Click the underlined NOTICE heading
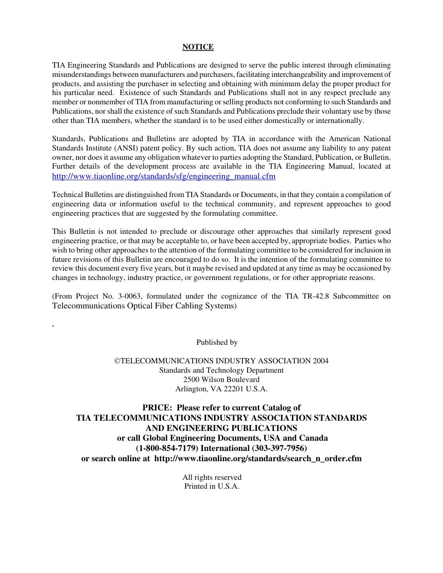[198, 47]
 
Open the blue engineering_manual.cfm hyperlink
[164, 176]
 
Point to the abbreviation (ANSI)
[126, 148]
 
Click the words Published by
[217, 342]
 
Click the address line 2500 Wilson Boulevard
[221, 380]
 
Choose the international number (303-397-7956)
[279, 449]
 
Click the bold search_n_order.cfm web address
[257, 459]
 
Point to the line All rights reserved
[212, 477]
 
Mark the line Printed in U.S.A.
[212, 486]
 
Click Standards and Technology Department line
[221, 370]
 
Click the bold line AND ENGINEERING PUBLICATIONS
[221, 428]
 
